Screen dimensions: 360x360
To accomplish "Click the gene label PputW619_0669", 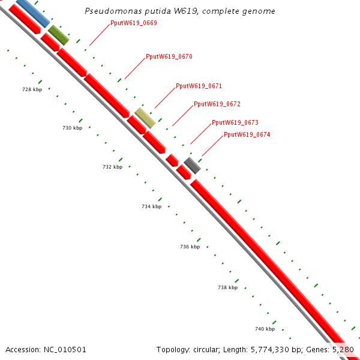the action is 134,23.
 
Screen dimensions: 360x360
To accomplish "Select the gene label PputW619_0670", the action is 169,56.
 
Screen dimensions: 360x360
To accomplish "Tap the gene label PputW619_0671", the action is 199,86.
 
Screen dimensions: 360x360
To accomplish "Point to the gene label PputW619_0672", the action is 217,104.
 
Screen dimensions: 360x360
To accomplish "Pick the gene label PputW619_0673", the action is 235,122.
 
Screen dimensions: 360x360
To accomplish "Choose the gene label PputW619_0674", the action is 247,134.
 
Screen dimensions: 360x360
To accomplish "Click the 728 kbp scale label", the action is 32,89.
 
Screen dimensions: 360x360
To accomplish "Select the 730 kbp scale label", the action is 72,128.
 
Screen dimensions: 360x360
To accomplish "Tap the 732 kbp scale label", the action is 112,167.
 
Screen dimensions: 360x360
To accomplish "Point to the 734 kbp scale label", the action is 151,206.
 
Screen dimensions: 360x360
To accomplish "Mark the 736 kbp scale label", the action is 190,247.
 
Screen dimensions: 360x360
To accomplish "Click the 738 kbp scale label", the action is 227,287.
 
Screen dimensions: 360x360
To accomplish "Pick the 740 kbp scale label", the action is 265,329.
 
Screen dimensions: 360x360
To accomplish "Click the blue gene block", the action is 32,12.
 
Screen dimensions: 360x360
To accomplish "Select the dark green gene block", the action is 59,35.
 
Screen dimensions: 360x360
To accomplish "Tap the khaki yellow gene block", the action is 145,118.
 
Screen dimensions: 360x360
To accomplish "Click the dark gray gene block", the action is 192,166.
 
